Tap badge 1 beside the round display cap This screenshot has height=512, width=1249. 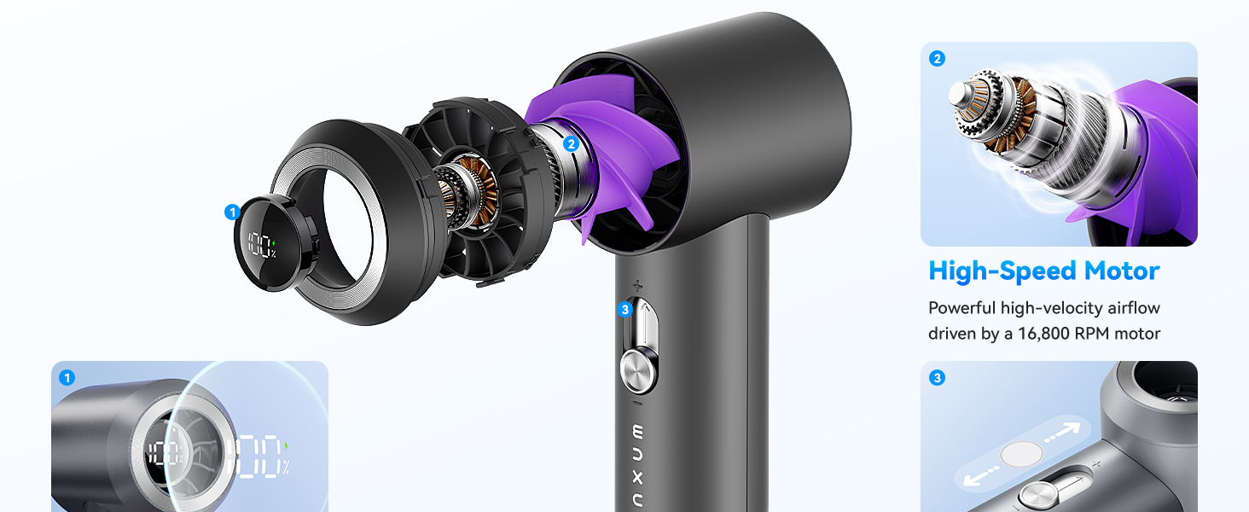231,212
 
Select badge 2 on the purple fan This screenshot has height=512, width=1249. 572,144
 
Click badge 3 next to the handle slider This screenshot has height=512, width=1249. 625,309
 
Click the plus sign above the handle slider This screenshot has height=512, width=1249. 637,285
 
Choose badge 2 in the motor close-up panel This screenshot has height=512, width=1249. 938,59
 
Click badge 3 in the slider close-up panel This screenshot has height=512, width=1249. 938,377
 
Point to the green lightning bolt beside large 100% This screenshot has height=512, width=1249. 287,445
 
